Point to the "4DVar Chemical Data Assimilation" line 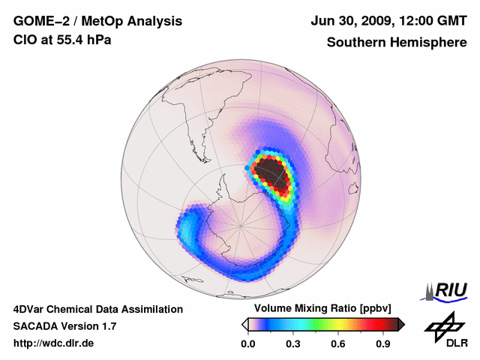click(98, 309)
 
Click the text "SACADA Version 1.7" click(64, 326)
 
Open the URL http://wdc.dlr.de click(54, 343)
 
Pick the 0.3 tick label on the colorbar click(293, 344)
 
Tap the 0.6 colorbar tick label click(339, 344)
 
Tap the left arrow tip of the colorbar click(244, 324)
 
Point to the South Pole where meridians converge click(241, 224)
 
